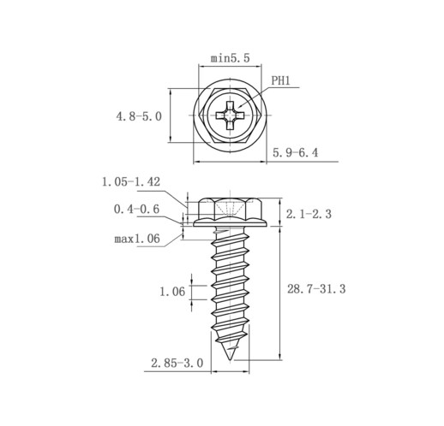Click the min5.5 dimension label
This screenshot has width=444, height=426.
coord(230,58)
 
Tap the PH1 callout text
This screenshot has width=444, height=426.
coord(280,80)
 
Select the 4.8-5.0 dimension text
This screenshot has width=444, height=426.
coord(139,116)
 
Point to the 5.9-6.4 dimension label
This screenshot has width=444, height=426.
coord(295,153)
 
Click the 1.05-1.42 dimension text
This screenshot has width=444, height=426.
coord(131,181)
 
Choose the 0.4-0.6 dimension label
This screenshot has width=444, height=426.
coord(136,210)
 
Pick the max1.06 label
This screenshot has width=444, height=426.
coord(137,239)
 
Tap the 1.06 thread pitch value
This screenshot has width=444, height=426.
coord(172,292)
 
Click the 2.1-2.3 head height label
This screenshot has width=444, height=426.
coord(309,214)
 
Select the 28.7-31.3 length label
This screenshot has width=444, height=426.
coord(316,289)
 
